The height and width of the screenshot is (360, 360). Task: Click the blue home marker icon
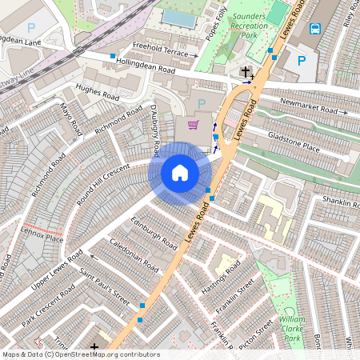(180, 173)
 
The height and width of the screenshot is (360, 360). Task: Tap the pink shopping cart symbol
(193, 125)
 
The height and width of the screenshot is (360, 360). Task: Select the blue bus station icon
(315, 30)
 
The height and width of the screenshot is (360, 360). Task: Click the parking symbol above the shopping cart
(201, 103)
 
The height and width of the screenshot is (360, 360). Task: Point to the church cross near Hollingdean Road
(246, 72)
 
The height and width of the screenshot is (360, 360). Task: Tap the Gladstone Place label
(294, 142)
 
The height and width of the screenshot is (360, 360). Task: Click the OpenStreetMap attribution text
(81, 354)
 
